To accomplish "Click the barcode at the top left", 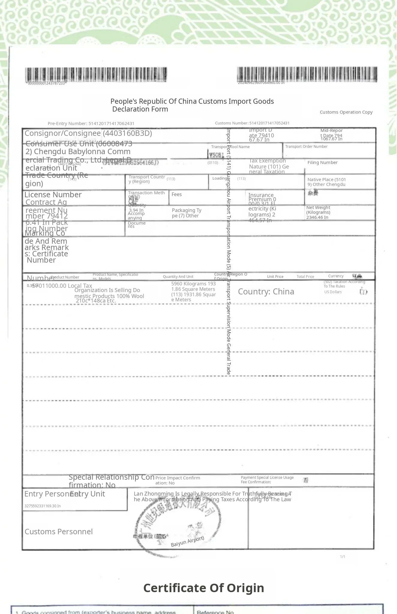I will tap(96, 75).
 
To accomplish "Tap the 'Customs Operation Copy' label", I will tap(346, 112).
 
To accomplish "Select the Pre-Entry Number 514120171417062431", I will tap(91, 124).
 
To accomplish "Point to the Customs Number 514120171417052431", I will tap(252, 123).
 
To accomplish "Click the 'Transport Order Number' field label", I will tap(306, 147).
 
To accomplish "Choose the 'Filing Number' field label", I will tap(322, 162).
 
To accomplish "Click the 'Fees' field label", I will tap(176, 194).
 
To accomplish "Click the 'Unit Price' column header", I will tap(275, 277).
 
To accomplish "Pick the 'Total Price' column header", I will tap(305, 277).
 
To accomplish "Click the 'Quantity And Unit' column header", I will tap(178, 277).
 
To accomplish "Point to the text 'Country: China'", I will tap(266, 292).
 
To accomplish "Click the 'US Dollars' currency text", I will tap(333, 292).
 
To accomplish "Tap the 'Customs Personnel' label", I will tap(59, 532).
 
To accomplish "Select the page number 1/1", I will tap(342, 557).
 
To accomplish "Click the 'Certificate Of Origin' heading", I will tap(203, 588).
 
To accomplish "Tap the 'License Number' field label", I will tap(53, 195).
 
